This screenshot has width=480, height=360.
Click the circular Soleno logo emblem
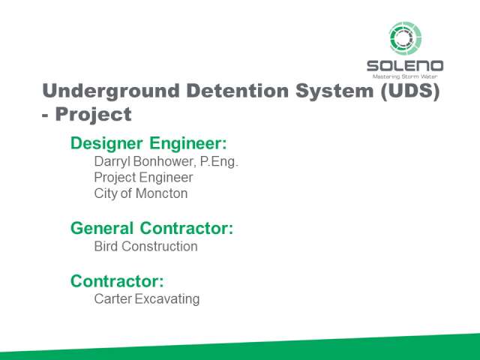pos(405,38)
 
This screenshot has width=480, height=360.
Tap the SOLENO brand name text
pos(405,66)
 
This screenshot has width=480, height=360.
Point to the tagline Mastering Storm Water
pos(405,76)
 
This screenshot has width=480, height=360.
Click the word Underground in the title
pos(111,91)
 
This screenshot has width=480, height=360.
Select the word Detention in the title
pos(237,91)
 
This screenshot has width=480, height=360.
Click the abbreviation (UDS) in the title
pos(410,91)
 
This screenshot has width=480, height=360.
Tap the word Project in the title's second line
pos(93,115)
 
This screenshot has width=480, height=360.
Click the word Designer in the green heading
pos(106,143)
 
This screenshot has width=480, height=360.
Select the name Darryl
pos(112,162)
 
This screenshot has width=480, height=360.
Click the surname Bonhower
pos(165,162)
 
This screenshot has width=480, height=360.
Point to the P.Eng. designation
pos(219,162)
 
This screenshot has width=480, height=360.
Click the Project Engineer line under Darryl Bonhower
pos(143,178)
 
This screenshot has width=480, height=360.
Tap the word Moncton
pos(162,193)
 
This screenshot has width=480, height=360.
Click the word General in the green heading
pos(102,228)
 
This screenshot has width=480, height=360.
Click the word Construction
pos(160,247)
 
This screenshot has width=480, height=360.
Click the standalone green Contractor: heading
pos(117,281)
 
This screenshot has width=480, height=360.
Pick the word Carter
pos(113,299)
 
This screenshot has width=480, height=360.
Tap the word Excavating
pos(167,299)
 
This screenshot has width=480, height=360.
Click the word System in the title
pos(334,91)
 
